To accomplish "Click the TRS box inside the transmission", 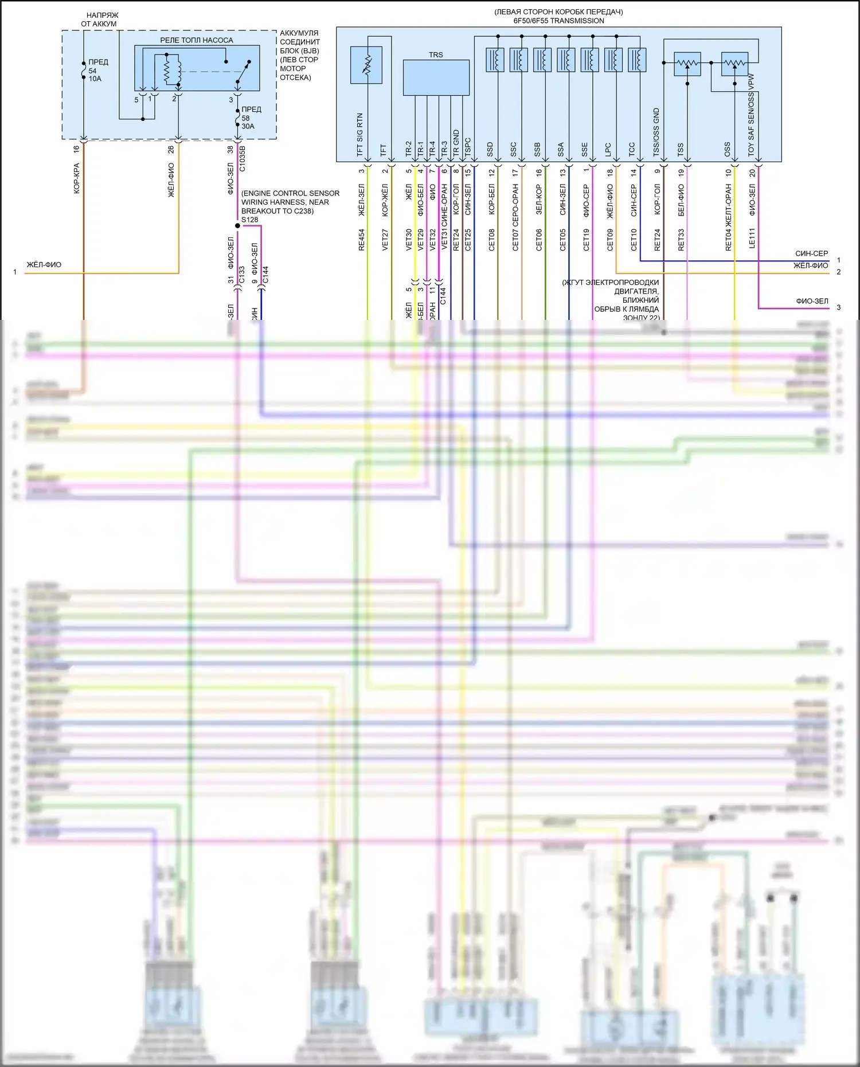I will coord(436,77).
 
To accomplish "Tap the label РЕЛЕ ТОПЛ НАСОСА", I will coord(197,40).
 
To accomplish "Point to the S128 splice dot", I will coord(237,226).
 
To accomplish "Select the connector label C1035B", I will coord(243,158).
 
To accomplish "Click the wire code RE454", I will coord(361,240).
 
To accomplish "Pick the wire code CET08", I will coord(491,240).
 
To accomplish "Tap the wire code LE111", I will coord(752,238).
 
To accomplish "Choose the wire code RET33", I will coord(681,240).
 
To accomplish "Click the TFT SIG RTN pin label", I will coord(360,135).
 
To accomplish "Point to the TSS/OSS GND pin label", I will coord(656,132).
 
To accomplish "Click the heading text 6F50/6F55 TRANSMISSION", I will coord(558,21).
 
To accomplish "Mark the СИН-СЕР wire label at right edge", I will coord(811,253).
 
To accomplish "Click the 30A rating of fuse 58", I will coord(248,126).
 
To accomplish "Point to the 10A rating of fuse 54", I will coord(95,79).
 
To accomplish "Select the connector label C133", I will coord(242,274).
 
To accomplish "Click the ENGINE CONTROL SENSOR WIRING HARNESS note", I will coord(290,202).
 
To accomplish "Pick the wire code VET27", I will coord(385,240).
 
